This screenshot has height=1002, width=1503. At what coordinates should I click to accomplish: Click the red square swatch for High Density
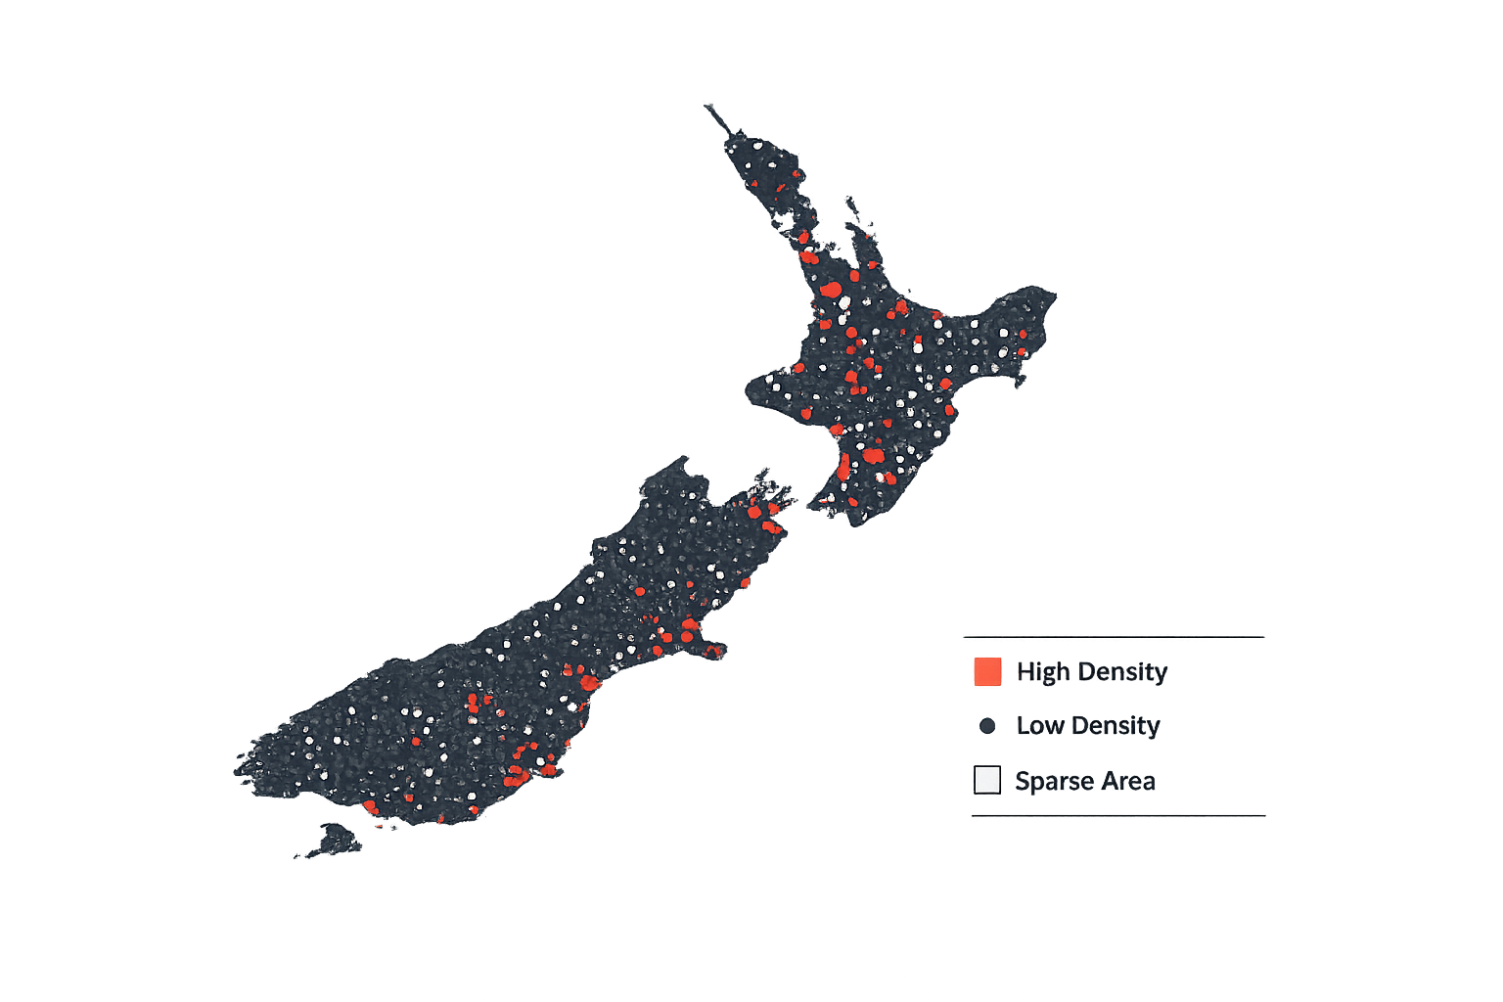coord(987,671)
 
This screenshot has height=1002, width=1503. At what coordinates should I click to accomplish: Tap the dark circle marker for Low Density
coord(987,726)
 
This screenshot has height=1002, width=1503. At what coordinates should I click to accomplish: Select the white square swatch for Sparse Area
coord(987,780)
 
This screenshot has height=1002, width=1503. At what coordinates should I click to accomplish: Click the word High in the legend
coord(1043,672)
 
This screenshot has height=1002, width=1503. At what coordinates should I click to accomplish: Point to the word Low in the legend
coord(1039,726)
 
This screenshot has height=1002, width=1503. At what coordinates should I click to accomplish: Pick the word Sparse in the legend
coord(1054,782)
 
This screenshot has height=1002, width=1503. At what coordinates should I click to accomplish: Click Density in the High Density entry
coord(1122,672)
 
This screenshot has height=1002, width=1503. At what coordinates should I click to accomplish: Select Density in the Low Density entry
coord(1115,726)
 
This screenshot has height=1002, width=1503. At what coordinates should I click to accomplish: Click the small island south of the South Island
coord(334,840)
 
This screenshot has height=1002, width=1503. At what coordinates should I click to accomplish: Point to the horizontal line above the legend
coord(1114,637)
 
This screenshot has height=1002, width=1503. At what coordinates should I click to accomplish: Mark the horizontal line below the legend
coord(1117,815)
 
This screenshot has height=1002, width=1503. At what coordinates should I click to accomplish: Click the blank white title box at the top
coord(820,60)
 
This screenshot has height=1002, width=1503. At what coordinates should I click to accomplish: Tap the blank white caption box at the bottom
coord(751,915)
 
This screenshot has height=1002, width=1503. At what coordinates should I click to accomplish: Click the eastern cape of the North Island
coord(1043,298)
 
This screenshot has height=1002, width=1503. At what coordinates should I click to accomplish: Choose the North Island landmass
coord(881,391)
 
